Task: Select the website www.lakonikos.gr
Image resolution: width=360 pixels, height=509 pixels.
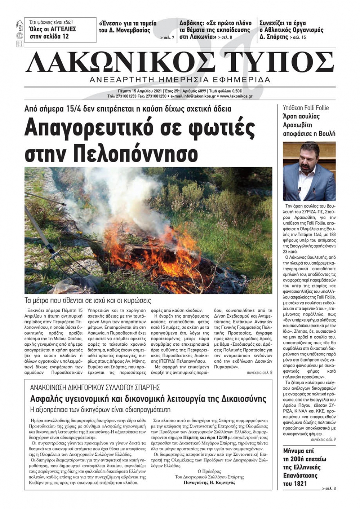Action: pos(236,96)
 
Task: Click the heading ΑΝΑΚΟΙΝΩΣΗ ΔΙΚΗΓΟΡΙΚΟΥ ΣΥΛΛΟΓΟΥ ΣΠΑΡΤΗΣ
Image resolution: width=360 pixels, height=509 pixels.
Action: pos(95,388)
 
